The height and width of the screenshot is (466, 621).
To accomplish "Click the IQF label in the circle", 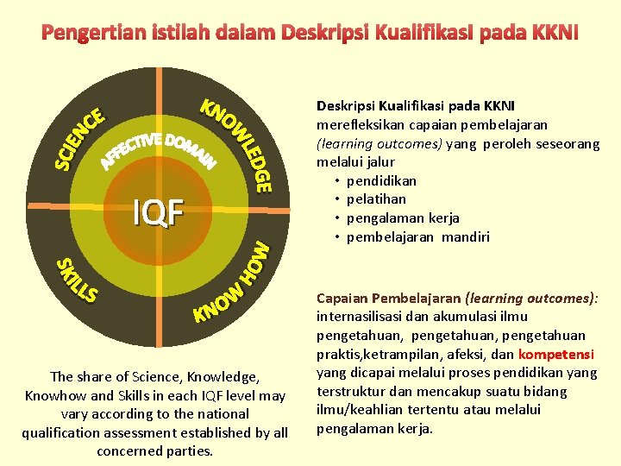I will tap(158, 211).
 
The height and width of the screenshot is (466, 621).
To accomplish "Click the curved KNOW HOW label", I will tap(233, 284).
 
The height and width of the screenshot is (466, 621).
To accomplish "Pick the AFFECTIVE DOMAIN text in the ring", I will tap(160, 148).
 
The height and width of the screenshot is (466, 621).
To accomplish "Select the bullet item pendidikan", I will tap(381, 180).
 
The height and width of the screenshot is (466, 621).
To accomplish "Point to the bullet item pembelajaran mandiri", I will tap(418, 236).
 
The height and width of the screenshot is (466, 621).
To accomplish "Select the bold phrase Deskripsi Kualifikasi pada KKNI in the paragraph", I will tap(416, 105).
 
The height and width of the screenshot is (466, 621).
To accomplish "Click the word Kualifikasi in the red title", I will tap(442, 33).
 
